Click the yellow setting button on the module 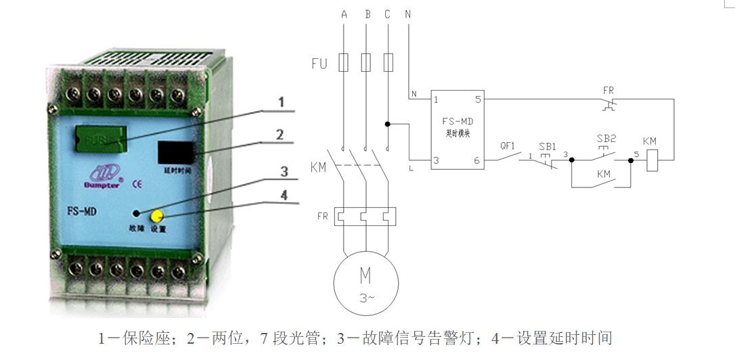157,216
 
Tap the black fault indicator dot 137,212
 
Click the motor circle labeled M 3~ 365,284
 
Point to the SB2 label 606,139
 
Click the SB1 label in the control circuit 547,146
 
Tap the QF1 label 508,145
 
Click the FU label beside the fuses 319,64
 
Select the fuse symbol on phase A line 344,64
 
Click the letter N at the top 407,14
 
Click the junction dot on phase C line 387,124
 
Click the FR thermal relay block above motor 365,216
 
